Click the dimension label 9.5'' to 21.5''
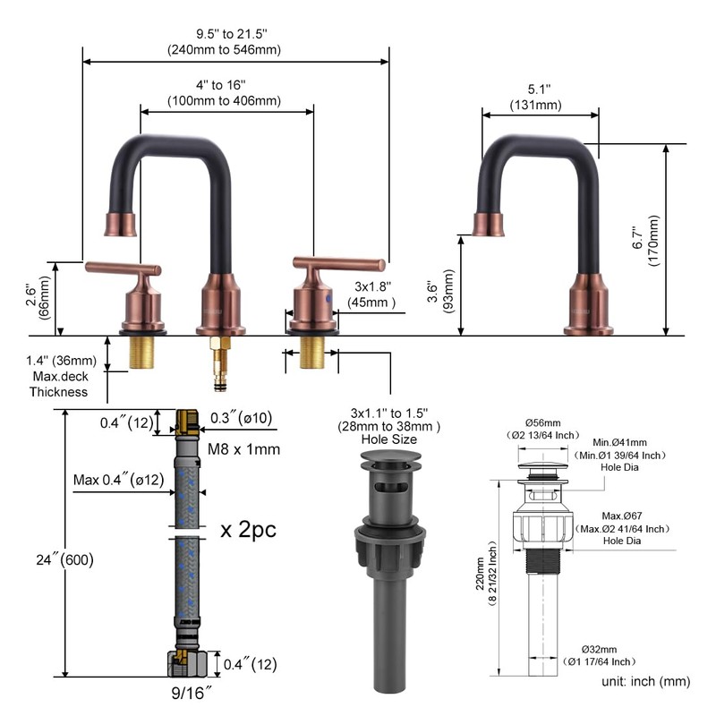[x=232, y=34]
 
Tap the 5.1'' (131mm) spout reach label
[x=536, y=97]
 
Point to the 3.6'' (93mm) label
[x=440, y=291]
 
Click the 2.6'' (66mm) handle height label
[x=38, y=297]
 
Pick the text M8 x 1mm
[x=243, y=449]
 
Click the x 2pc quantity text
[x=249, y=530]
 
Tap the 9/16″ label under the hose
[x=192, y=693]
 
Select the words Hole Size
[x=389, y=439]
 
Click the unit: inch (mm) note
[x=645, y=681]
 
